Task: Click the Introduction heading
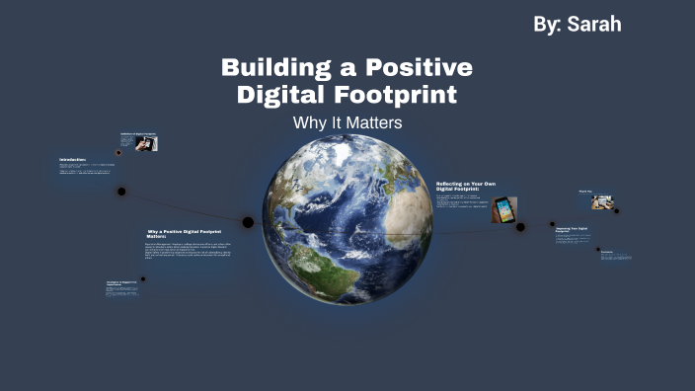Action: tap(73, 160)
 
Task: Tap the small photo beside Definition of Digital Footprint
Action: tap(147, 143)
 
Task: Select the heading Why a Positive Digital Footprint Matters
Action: tap(184, 234)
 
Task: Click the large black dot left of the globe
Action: tap(248, 222)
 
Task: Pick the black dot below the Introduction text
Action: tap(121, 191)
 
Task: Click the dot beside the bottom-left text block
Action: tap(143, 278)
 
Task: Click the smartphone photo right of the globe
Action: tap(504, 209)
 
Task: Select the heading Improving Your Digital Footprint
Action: tap(574, 229)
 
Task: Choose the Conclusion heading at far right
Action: tap(607, 251)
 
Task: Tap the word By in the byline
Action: tap(545, 24)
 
